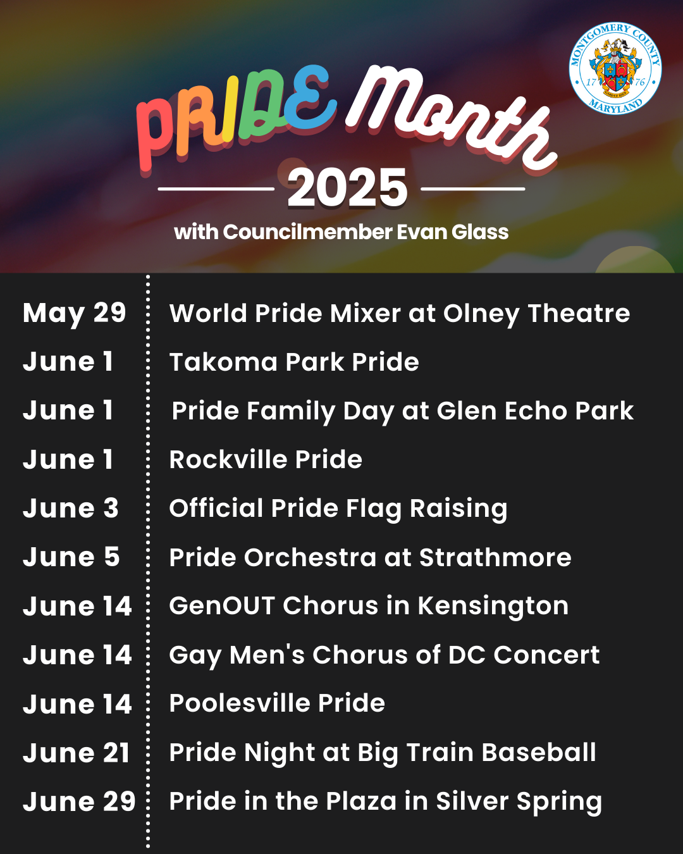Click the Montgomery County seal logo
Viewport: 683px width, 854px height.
click(615, 68)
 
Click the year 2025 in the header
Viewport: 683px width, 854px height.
click(347, 188)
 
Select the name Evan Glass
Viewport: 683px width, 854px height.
click(452, 232)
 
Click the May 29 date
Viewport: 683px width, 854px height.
click(75, 313)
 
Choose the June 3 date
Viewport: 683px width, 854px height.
click(71, 509)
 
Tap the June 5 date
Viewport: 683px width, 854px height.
click(71, 557)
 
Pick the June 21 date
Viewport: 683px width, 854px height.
click(77, 753)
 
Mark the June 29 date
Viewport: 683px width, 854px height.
click(80, 801)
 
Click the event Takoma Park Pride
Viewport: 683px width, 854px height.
click(294, 362)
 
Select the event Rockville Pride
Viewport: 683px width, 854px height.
click(266, 459)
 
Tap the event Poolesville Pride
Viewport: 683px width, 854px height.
click(277, 703)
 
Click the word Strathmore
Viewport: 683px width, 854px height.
click(495, 557)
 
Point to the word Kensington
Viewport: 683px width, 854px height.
click(493, 606)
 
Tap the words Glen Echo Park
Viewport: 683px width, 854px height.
click(534, 411)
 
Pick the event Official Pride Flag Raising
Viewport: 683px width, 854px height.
click(338, 509)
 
